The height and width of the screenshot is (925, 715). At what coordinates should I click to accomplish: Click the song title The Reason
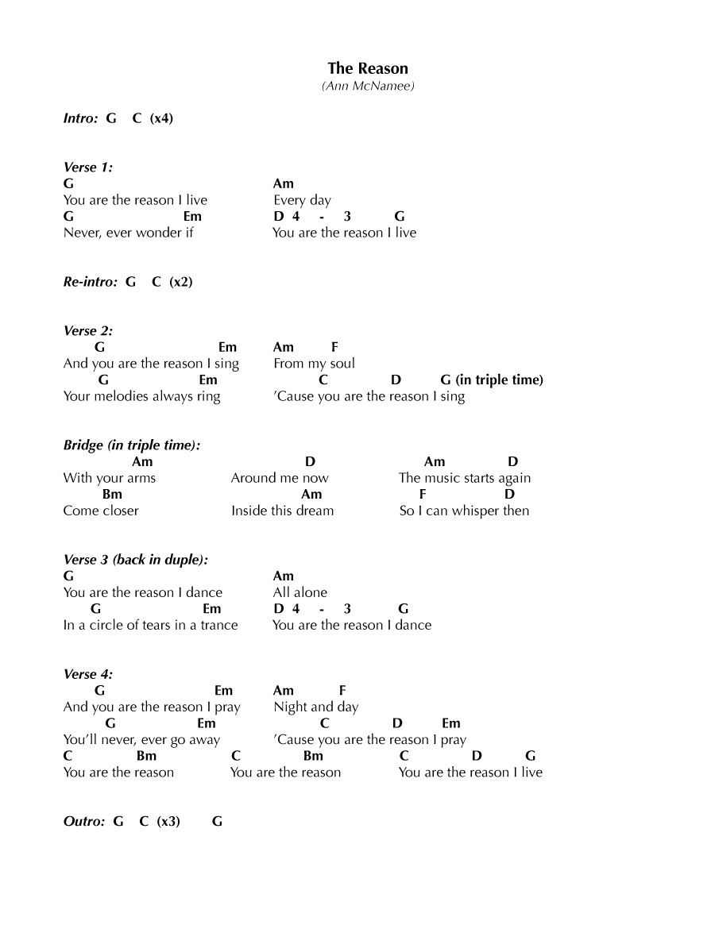point(368,69)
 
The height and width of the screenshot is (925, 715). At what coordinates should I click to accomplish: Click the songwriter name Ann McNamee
point(368,86)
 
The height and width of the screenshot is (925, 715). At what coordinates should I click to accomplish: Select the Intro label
point(80,118)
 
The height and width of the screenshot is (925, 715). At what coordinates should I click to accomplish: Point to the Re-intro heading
point(90,282)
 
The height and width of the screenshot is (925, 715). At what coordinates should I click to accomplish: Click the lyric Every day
point(302,200)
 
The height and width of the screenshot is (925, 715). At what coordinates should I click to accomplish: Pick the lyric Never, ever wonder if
point(128,233)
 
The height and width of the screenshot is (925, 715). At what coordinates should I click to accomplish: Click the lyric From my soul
point(314,364)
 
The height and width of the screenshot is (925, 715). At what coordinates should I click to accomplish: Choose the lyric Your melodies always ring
point(141,396)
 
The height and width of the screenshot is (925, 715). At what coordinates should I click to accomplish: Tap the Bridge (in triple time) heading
point(131,445)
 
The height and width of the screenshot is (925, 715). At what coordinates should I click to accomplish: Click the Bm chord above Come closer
point(112,494)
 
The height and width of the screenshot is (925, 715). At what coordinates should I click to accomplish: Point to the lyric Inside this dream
point(282,511)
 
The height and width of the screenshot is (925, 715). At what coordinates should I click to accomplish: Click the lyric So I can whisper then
point(464,511)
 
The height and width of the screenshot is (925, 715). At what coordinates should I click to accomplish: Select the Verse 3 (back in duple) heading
point(136,560)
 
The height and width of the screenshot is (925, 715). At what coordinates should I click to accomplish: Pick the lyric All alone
point(300,592)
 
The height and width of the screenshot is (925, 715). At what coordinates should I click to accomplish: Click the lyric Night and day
point(315,707)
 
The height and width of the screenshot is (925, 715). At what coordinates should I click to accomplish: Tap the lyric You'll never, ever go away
point(141,740)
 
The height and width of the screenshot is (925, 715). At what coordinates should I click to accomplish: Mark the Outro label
point(83,822)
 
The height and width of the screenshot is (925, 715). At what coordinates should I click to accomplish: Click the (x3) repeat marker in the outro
point(168,822)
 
